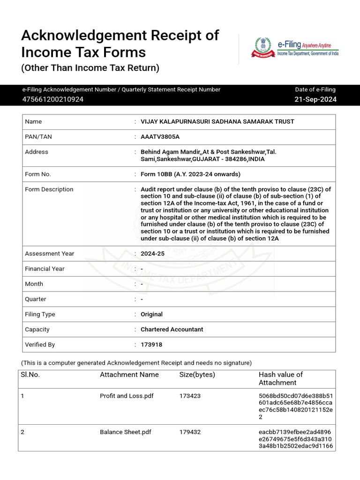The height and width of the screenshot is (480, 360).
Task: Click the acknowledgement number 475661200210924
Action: (53, 99)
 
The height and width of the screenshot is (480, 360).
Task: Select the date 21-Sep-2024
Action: (315, 99)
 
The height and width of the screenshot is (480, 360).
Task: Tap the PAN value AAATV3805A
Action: (160, 136)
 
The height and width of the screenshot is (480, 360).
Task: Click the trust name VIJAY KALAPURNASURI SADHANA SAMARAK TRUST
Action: (217, 121)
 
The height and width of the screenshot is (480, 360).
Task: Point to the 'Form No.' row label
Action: (38, 174)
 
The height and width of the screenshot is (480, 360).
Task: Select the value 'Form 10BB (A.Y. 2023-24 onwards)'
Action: (190, 174)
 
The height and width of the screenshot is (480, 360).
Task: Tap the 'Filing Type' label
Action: (40, 314)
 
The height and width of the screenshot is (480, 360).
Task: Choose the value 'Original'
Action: (151, 314)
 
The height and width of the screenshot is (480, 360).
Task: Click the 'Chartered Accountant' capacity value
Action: (172, 330)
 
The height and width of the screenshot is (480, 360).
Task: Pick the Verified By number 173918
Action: (151, 345)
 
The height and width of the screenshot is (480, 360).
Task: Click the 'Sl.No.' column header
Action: (30, 375)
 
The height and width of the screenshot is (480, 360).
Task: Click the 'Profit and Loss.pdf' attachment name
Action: (127, 396)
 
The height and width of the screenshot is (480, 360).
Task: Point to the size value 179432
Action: (190, 432)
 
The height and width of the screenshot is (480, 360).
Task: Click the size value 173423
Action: (190, 396)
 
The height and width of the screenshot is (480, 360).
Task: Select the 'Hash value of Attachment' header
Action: (280, 378)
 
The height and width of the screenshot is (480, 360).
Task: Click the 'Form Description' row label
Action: (49, 189)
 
